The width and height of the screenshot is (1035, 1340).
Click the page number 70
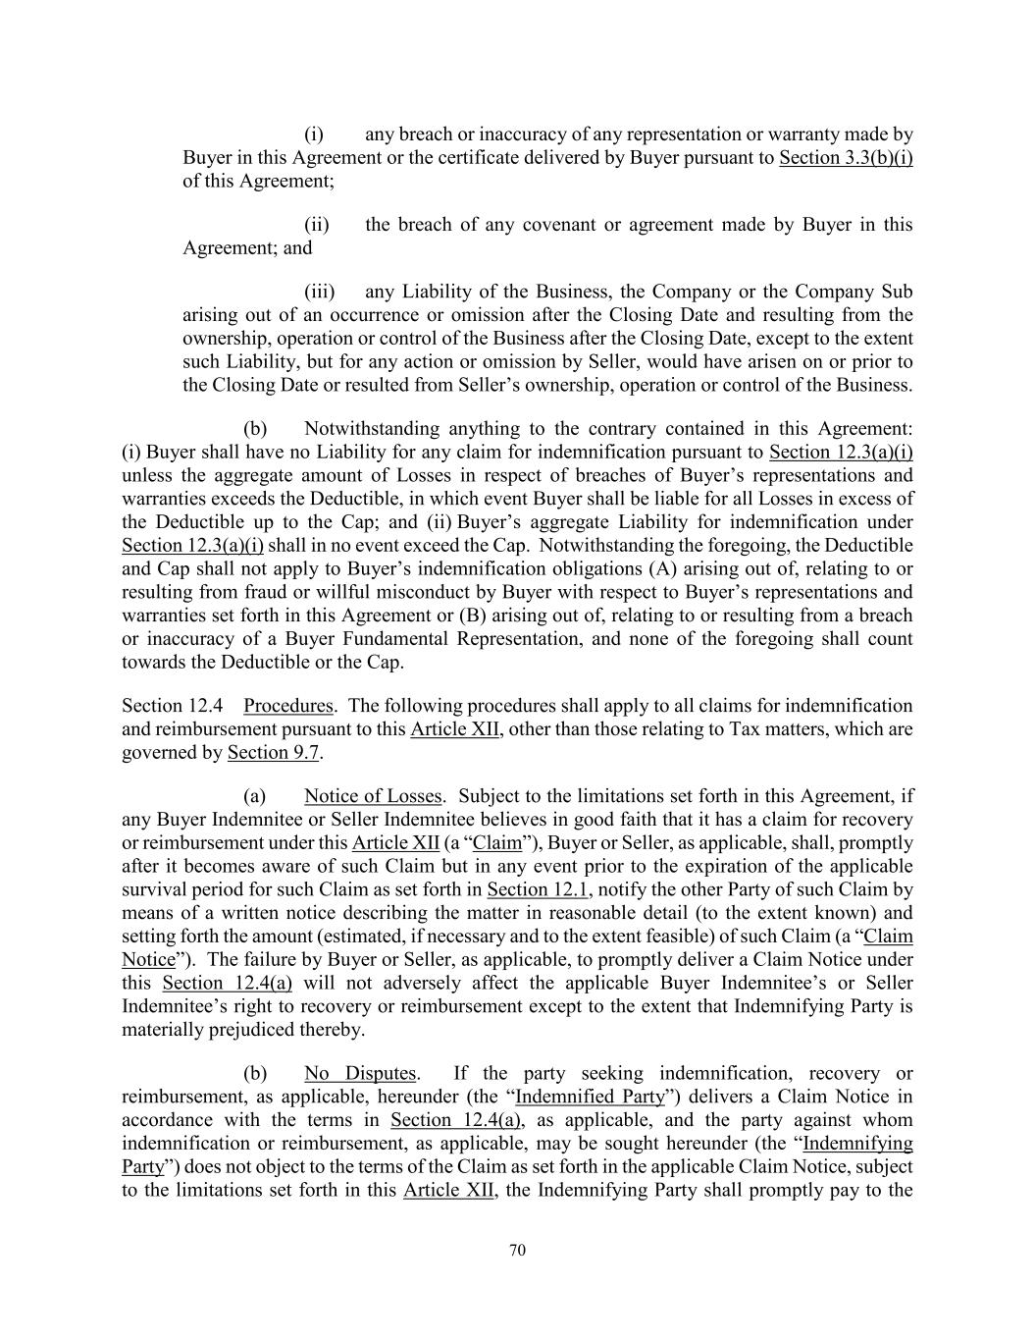pyautogui.click(x=518, y=1250)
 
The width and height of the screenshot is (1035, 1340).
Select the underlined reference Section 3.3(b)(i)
pyautogui.click(x=846, y=158)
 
